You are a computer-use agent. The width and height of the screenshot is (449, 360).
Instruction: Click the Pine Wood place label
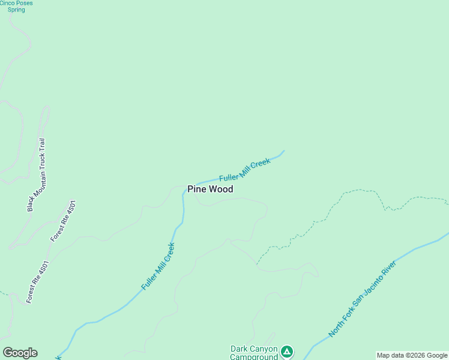tap(210, 189)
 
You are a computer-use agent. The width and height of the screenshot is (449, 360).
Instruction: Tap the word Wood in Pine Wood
tap(221, 189)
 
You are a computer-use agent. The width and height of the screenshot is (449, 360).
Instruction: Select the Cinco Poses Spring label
tap(16, 6)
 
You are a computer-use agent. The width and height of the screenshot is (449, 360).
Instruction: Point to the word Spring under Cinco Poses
tap(16, 10)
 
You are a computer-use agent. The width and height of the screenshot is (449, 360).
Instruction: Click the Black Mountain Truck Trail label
tap(37, 175)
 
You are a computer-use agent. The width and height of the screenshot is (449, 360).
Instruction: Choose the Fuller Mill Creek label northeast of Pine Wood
tap(245, 170)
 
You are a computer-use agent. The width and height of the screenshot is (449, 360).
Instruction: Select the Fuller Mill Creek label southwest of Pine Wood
tap(158, 266)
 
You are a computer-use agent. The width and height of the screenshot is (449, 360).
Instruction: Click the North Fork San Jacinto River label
tap(363, 298)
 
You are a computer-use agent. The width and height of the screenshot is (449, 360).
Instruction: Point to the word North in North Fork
tap(334, 329)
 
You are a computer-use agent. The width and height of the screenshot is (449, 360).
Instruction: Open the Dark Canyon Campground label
tap(254, 352)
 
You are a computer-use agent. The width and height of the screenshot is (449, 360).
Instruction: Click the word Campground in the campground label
tap(254, 356)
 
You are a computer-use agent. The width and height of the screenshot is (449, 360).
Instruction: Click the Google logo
tap(20, 353)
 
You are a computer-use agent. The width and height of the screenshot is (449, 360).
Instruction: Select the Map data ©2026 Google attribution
tap(412, 355)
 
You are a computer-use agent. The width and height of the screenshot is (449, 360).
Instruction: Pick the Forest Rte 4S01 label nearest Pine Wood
tap(64, 221)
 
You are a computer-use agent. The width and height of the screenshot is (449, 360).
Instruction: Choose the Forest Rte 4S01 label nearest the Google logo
tap(37, 282)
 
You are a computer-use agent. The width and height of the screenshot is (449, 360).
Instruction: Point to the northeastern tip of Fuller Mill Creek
tap(283, 151)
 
